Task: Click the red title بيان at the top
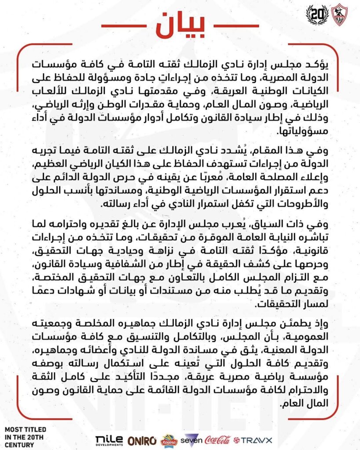pyautogui.click(x=180, y=25)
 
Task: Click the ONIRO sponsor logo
pyautogui.click(x=142, y=439)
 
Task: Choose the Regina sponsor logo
pyautogui.click(x=169, y=439)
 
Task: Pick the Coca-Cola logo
pyautogui.click(x=218, y=439)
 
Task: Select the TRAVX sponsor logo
pyautogui.click(x=253, y=439)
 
